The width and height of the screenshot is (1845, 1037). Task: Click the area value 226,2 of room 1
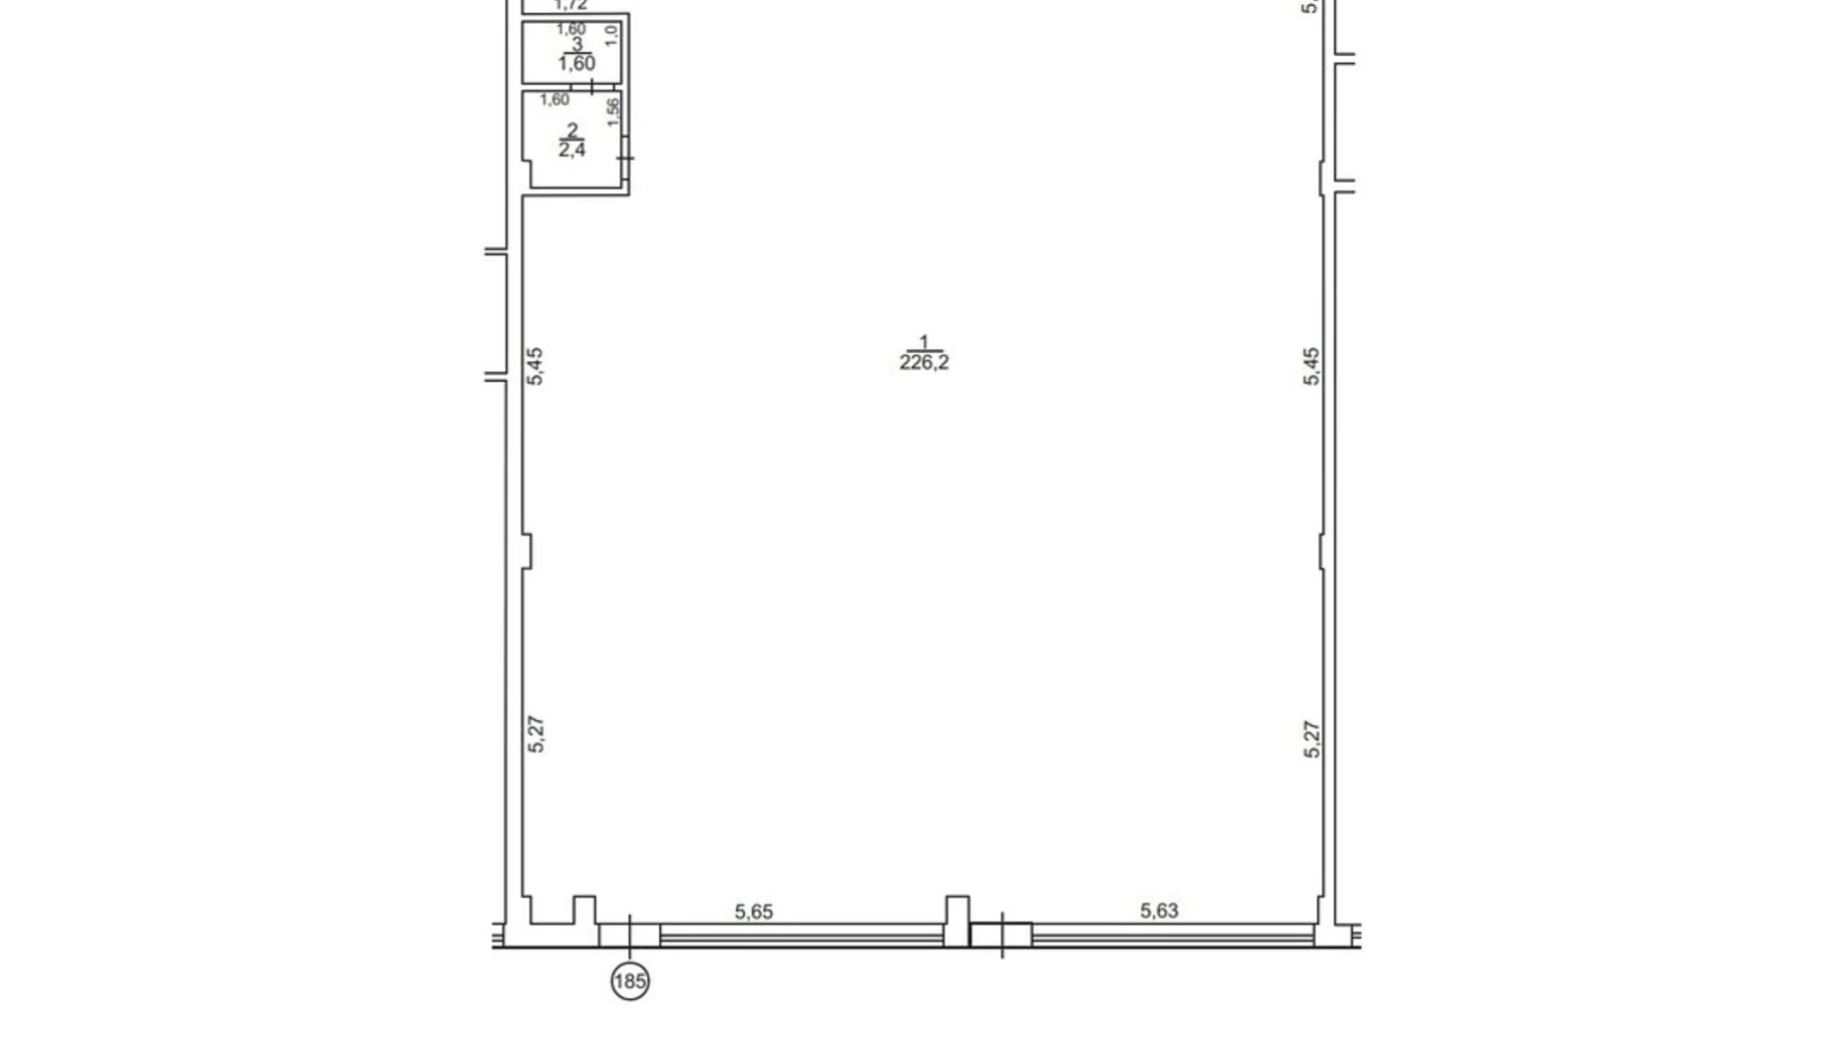[x=923, y=363]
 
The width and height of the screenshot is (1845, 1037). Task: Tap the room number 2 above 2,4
[x=571, y=131]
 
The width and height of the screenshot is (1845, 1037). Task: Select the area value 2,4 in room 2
[x=571, y=151]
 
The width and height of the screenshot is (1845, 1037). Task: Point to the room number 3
[x=575, y=45]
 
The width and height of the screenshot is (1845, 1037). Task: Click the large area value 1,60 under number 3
[x=575, y=64]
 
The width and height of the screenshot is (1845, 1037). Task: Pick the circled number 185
[x=629, y=982]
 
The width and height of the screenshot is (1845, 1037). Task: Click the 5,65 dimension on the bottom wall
[x=753, y=911]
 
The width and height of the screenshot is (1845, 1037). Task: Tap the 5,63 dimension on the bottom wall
[x=1158, y=910]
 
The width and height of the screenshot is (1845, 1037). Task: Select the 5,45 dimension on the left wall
[x=536, y=366]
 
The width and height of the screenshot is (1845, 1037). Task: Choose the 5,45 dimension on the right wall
[x=1311, y=366]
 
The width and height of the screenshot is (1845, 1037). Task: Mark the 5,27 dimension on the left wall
[x=536, y=734]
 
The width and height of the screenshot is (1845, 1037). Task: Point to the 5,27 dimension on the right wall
[x=1311, y=740]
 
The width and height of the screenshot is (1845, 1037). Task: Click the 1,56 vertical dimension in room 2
[x=612, y=111]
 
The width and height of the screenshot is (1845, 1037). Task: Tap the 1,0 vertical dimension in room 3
[x=611, y=36]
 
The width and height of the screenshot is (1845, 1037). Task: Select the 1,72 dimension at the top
[x=570, y=5]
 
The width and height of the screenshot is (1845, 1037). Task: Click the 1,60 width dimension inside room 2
[x=554, y=100]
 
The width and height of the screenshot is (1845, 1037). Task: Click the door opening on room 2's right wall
[x=624, y=158]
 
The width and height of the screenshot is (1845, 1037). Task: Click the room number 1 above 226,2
[x=923, y=342]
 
